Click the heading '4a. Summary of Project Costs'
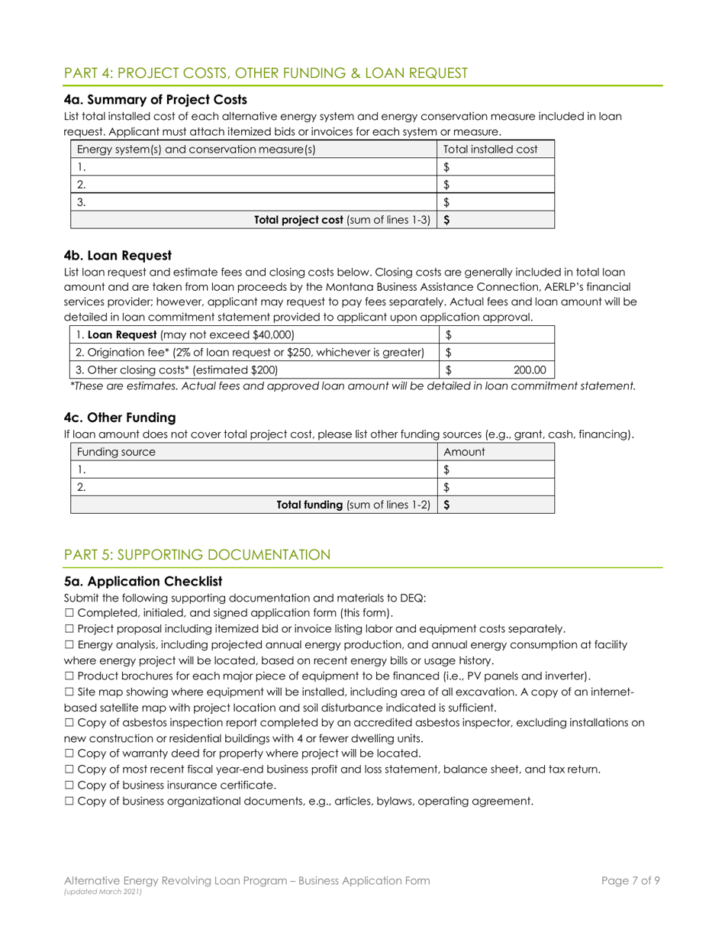click(156, 99)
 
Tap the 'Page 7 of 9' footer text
click(630, 881)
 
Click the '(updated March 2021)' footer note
click(101, 892)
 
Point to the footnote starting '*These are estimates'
click(352, 387)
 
